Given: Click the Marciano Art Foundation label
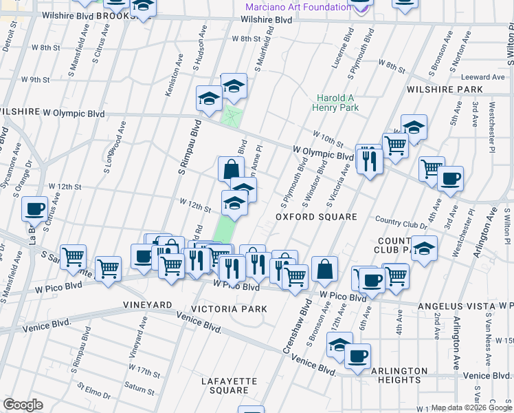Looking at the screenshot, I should [x=298, y=7].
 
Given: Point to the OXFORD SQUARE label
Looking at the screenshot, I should [x=317, y=217].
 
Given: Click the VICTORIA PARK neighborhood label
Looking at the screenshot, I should [x=229, y=309].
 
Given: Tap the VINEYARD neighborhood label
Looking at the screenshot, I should [x=147, y=304].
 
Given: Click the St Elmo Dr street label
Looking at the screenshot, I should [x=93, y=392].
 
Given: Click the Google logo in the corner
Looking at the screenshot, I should [x=23, y=405].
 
